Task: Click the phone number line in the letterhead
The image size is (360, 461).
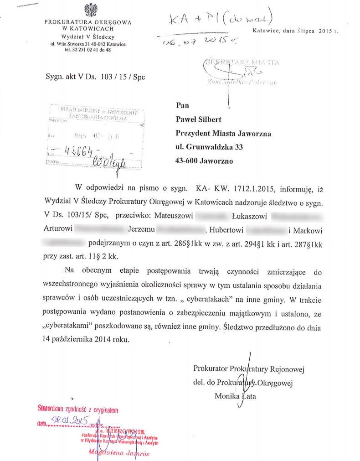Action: coord(87,50)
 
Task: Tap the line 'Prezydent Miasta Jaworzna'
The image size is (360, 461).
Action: coord(223,134)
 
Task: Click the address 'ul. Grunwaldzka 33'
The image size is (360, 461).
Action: coord(209,147)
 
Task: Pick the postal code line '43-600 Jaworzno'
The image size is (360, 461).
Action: coord(204,161)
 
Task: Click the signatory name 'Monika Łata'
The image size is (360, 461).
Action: coord(235,396)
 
